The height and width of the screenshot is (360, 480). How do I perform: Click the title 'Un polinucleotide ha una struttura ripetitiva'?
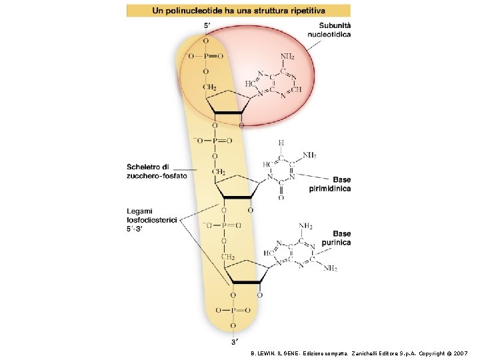click(239, 11)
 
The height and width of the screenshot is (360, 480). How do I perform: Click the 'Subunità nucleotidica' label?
click(329, 30)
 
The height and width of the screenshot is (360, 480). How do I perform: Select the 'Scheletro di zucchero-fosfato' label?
click(157, 171)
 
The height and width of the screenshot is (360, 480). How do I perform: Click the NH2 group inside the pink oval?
click(287, 56)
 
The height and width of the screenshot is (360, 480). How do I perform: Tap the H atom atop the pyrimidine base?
click(281, 142)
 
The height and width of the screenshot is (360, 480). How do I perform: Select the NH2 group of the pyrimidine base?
click(309, 155)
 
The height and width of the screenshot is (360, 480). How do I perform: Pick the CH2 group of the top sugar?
click(209, 87)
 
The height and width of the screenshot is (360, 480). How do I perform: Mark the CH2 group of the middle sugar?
click(218, 172)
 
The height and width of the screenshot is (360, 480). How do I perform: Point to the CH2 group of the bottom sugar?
click(227, 257)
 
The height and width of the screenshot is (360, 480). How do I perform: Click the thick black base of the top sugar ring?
click(227, 113)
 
